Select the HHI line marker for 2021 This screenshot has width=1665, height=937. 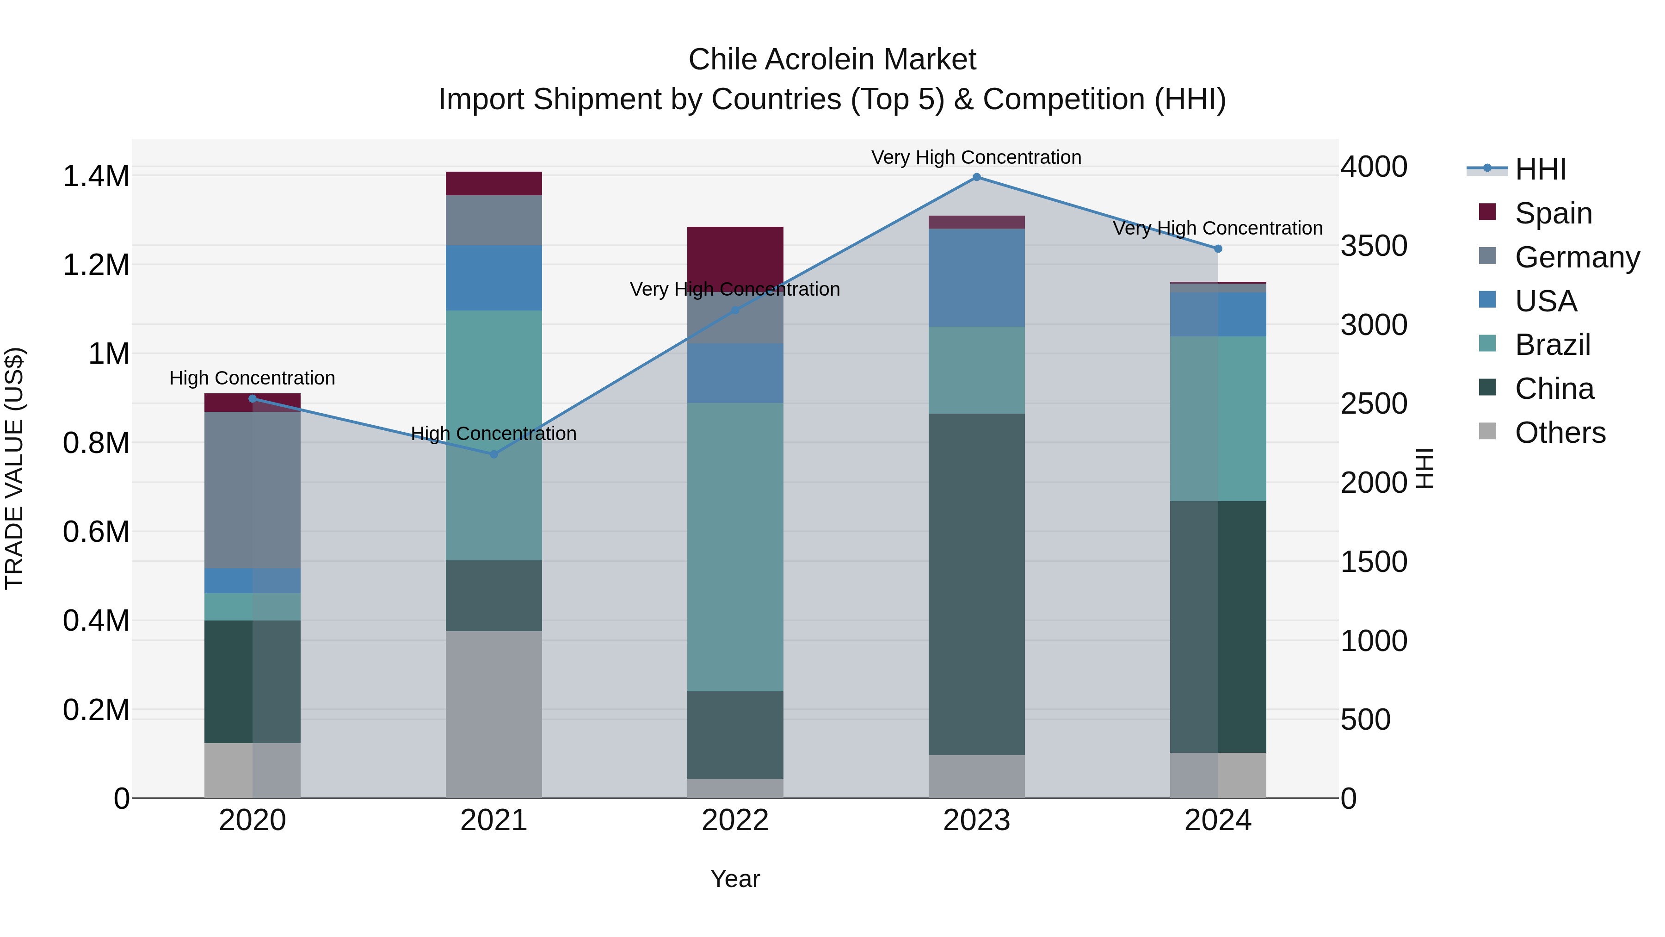(494, 454)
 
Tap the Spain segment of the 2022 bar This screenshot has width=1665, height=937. (735, 255)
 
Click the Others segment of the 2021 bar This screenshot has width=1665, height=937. (494, 714)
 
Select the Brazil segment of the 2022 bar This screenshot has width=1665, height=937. (735, 547)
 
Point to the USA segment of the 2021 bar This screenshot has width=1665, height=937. (494, 278)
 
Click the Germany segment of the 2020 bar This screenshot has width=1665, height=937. (252, 490)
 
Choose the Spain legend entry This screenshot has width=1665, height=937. (1553, 213)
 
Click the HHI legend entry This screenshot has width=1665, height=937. (1540, 169)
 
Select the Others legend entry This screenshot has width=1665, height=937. (1560, 433)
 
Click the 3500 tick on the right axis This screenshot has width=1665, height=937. (1374, 246)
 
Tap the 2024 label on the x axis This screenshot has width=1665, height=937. (1218, 820)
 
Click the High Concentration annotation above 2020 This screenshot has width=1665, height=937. (252, 379)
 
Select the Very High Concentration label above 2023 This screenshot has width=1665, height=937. (976, 157)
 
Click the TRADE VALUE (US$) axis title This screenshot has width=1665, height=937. (14, 468)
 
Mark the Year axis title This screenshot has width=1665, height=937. (735, 879)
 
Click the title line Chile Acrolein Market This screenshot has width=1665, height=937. (832, 60)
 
